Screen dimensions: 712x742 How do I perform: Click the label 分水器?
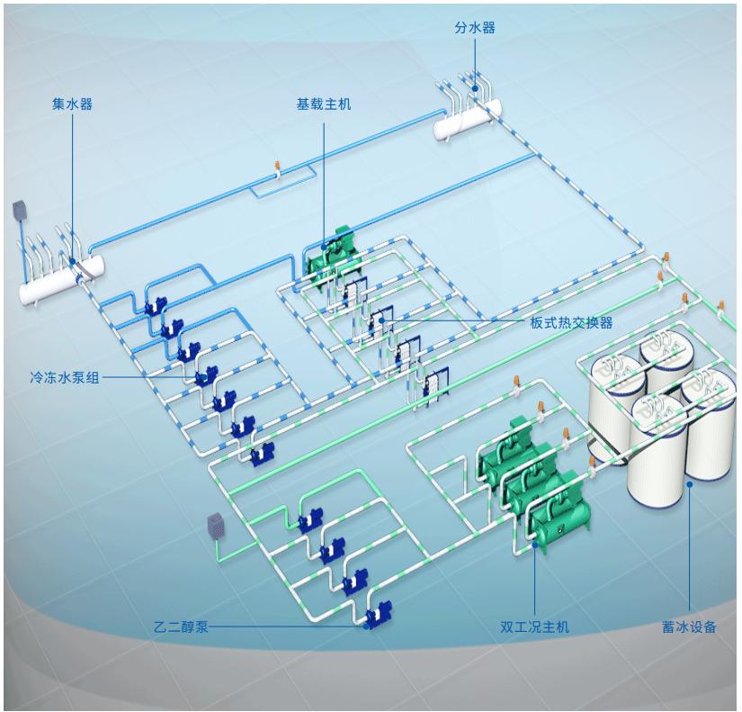click(x=475, y=28)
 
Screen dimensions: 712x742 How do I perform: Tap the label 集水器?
click(x=72, y=104)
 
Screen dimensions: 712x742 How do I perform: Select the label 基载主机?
click(x=324, y=104)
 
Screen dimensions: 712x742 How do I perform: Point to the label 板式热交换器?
click(x=571, y=322)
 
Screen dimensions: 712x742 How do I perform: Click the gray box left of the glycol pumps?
click(x=216, y=525)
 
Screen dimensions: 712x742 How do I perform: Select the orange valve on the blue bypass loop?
click(x=279, y=169)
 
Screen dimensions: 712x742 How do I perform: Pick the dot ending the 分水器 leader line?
click(x=475, y=89)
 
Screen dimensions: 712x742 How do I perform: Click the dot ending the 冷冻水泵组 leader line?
click(x=201, y=379)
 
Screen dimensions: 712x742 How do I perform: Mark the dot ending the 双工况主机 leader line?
click(x=534, y=543)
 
